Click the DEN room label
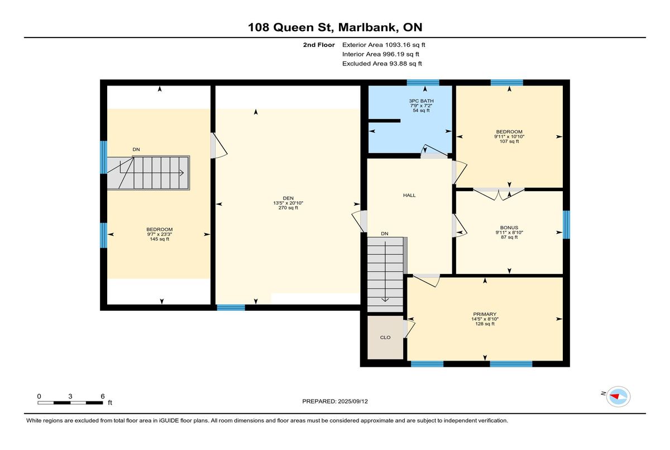pos(288,198)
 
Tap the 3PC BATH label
pos(421,101)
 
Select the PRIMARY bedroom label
pos(485,314)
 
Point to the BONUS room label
pos(509,228)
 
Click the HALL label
pos(409,195)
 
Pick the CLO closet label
pos(385,338)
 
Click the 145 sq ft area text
pos(160,239)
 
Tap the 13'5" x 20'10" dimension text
pos(288,203)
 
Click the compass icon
pos(618,396)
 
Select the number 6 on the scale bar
pos(103,396)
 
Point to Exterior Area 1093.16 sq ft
pos(384,45)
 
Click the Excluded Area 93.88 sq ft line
pos(382,64)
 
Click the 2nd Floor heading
pos(319,45)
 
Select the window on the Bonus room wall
pos(566,225)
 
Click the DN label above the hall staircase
pos(385,234)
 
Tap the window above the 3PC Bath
pos(423,83)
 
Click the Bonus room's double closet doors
pos(499,194)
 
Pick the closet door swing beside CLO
pos(409,329)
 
